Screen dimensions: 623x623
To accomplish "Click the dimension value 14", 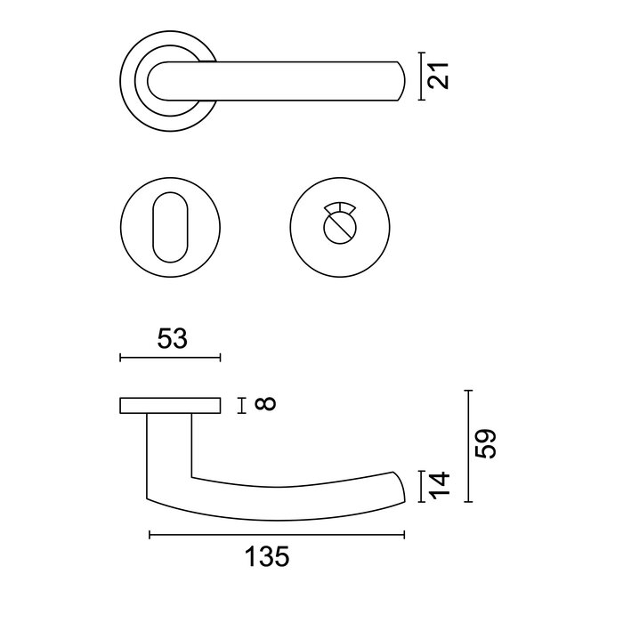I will click(x=440, y=486).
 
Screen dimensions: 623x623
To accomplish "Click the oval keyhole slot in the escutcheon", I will click(x=168, y=228).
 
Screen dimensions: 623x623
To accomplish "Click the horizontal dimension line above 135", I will click(x=276, y=535).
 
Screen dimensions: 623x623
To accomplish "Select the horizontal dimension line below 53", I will click(x=168, y=358).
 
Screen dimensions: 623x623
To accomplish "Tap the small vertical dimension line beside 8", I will click(x=241, y=406).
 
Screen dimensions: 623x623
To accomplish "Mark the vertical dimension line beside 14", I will click(x=421, y=487).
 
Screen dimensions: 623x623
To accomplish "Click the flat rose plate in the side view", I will click(x=168, y=406).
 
